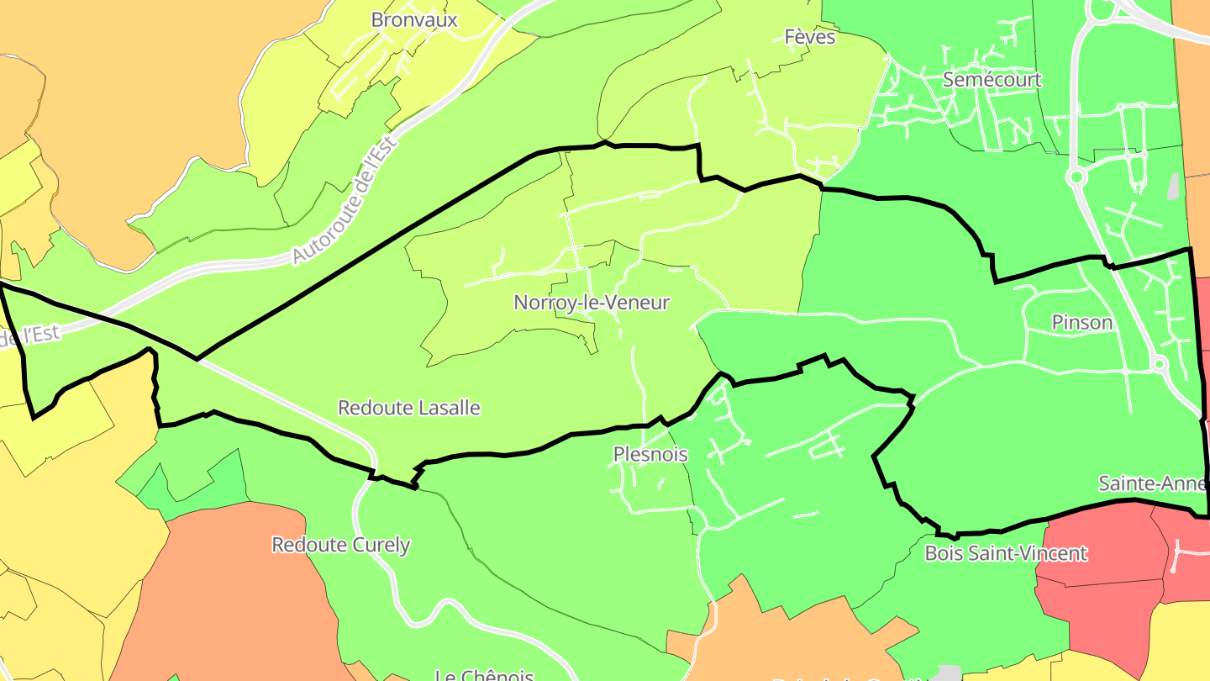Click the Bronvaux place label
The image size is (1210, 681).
pyautogui.click(x=414, y=19)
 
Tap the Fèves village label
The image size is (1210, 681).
pyautogui.click(x=810, y=37)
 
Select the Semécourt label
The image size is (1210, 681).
pyautogui.click(x=992, y=80)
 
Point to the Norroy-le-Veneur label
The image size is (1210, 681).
pyautogui.click(x=592, y=303)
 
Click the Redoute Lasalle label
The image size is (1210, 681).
pyautogui.click(x=408, y=408)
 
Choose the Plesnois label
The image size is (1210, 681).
pyautogui.click(x=650, y=455)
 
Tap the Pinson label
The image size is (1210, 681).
pyautogui.click(x=1081, y=322)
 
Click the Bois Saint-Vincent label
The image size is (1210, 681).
pyautogui.click(x=1006, y=553)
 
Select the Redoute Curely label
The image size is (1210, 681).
pyautogui.click(x=340, y=545)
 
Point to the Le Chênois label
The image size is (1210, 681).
pyautogui.click(x=484, y=675)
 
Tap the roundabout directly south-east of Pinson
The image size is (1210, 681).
pyautogui.click(x=1159, y=364)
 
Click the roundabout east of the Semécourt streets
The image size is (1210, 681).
pyautogui.click(x=1076, y=177)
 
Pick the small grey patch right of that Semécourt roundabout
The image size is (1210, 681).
pyautogui.click(x=1174, y=187)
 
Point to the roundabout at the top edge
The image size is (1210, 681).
pyautogui.click(x=1100, y=10)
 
